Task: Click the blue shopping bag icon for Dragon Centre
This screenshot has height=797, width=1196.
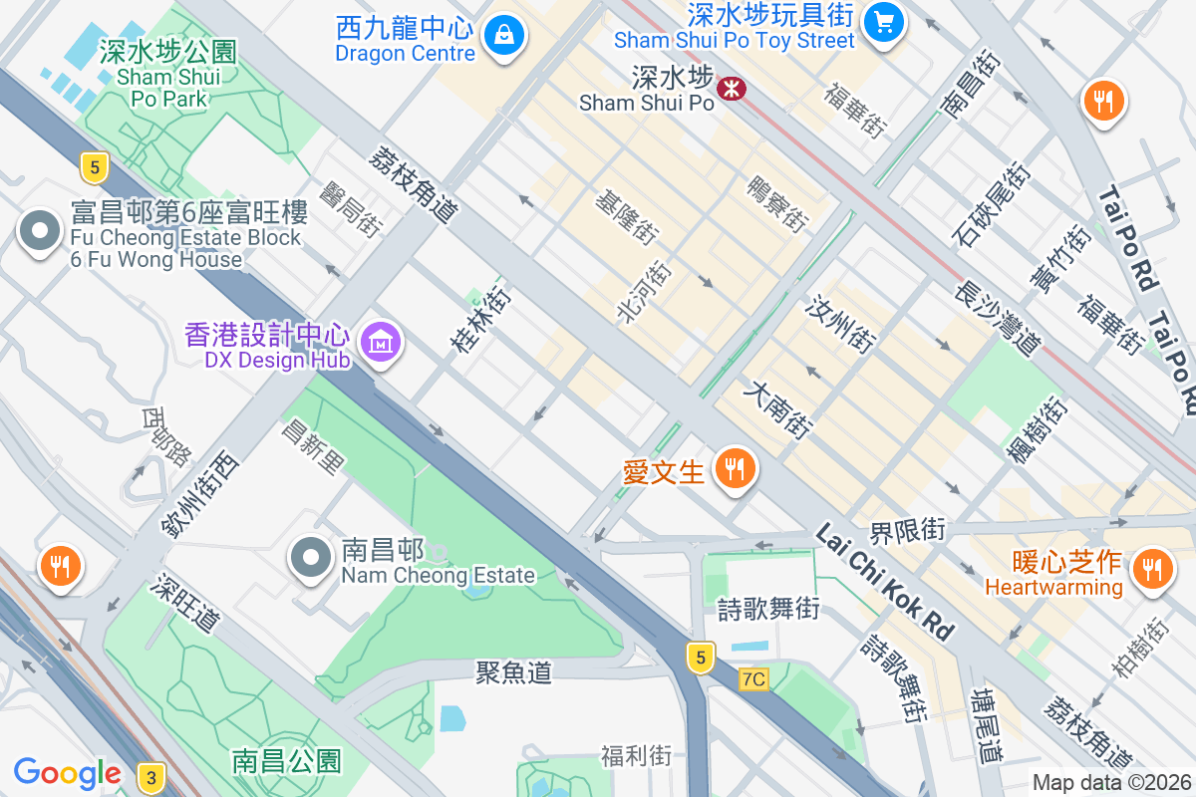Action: coord(505,37)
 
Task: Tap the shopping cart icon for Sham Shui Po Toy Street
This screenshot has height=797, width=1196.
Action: coord(883,22)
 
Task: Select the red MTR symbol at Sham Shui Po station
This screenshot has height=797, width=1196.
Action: coord(733,89)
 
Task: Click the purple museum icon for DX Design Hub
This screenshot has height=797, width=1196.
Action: coord(381,344)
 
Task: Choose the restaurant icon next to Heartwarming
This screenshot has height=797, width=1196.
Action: coord(1153,570)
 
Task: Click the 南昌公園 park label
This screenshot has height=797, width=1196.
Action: coord(286,762)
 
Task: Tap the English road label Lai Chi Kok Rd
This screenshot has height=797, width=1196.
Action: coord(884,582)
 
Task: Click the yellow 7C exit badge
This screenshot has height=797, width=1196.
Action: coord(754,679)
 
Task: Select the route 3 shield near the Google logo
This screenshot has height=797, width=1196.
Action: coord(151,777)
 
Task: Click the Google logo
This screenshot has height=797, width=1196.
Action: coord(67,773)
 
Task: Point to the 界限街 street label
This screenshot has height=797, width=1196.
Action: coord(906,530)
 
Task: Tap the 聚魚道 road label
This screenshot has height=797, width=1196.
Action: coord(513,673)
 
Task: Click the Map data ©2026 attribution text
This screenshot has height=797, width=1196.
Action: coord(1111,783)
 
